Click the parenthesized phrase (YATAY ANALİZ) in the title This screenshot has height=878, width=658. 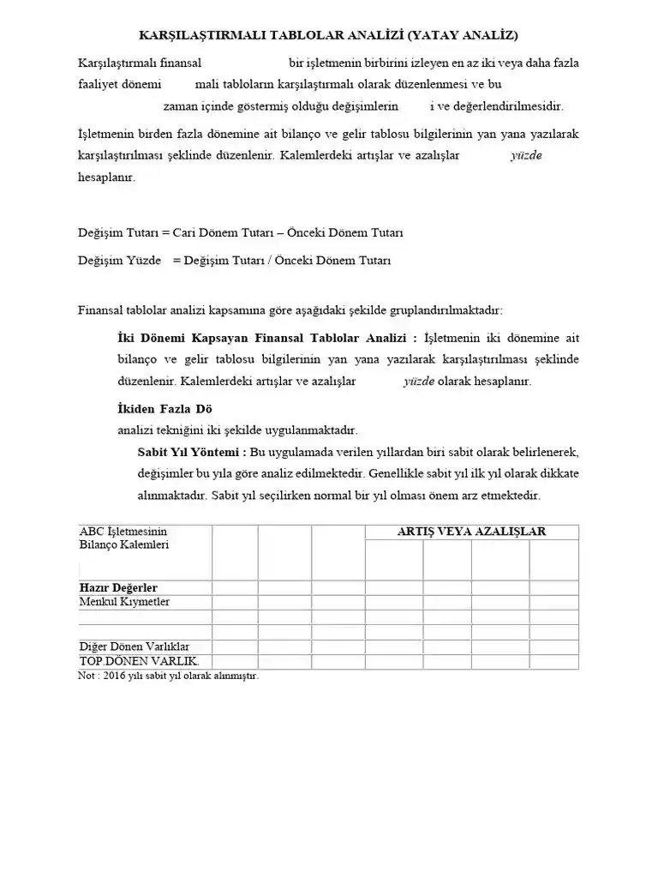[463, 35]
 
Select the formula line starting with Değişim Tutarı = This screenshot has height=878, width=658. [241, 232]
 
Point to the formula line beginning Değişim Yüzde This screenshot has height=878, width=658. [234, 261]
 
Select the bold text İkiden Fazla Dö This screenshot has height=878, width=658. [164, 408]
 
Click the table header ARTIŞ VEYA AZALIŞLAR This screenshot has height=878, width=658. [471, 532]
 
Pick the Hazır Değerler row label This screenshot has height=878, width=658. [118, 587]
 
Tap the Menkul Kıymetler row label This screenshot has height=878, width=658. [124, 602]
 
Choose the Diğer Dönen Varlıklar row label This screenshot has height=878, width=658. [135, 646]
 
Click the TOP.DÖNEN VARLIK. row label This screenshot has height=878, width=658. [139, 661]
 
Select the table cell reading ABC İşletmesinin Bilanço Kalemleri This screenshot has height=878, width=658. [124, 538]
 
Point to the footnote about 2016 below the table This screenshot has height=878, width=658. [168, 676]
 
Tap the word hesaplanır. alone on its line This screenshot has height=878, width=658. [106, 177]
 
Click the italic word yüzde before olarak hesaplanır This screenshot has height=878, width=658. [419, 382]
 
